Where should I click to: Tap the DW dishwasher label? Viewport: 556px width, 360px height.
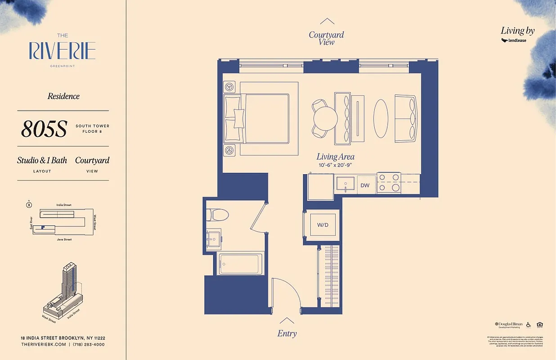(365, 185)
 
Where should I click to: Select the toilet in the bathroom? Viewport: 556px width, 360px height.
(218, 215)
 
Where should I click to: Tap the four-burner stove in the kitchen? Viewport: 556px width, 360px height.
(389, 183)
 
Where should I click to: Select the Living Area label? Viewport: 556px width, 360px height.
(335, 157)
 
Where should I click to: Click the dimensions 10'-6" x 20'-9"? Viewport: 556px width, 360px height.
(335, 166)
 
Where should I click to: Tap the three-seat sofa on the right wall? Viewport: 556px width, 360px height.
(406, 118)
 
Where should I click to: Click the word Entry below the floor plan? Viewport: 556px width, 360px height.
(287, 333)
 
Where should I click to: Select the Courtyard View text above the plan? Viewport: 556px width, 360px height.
(327, 38)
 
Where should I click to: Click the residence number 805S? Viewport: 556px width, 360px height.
(44, 130)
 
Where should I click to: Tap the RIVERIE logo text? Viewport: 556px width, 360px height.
(63, 51)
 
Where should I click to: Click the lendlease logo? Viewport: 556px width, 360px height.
(514, 40)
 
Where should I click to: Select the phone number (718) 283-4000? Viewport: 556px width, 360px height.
(89, 344)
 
